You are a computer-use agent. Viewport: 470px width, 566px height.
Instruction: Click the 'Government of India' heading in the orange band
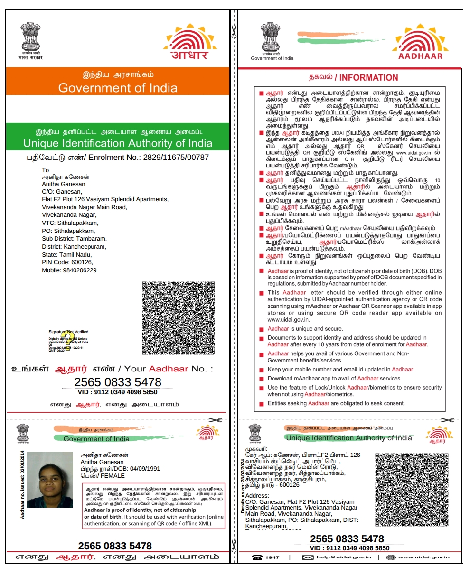[118, 88]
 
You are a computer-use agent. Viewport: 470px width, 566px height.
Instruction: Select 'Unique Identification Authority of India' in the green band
[118, 143]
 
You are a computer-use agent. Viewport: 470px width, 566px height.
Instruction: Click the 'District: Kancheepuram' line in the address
[74, 247]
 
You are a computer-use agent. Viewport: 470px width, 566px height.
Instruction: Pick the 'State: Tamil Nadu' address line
[66, 254]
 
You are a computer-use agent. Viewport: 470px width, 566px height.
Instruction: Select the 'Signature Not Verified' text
[68, 332]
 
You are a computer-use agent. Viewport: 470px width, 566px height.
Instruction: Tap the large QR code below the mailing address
[178, 318]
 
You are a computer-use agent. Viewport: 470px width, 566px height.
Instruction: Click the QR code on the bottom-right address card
[412, 490]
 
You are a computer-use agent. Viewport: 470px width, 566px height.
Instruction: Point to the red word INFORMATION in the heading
[369, 78]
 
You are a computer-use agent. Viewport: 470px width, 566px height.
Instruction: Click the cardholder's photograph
[50, 480]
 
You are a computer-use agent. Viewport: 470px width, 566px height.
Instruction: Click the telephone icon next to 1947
[257, 557]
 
